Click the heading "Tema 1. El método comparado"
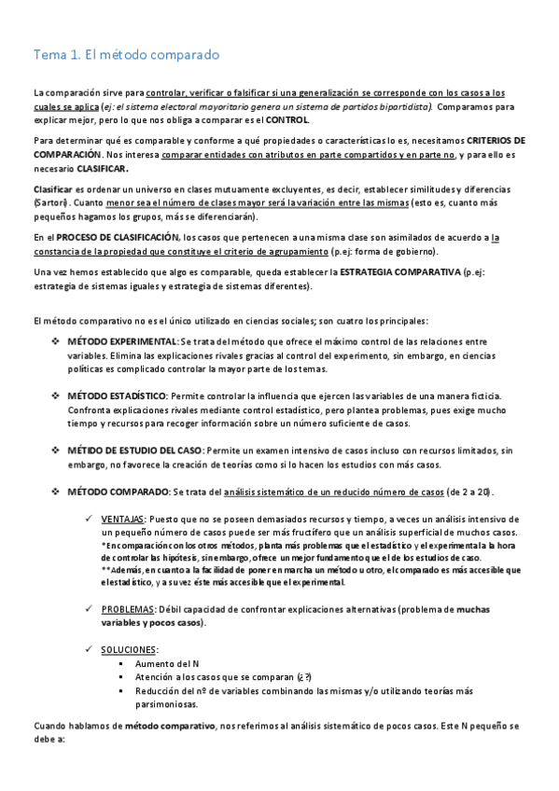126,55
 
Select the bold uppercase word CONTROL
287,120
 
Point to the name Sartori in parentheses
50,202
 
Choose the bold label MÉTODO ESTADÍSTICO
117,396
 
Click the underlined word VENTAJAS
122,519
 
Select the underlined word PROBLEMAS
127,609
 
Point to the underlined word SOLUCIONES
130,649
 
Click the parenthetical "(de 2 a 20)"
469,491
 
